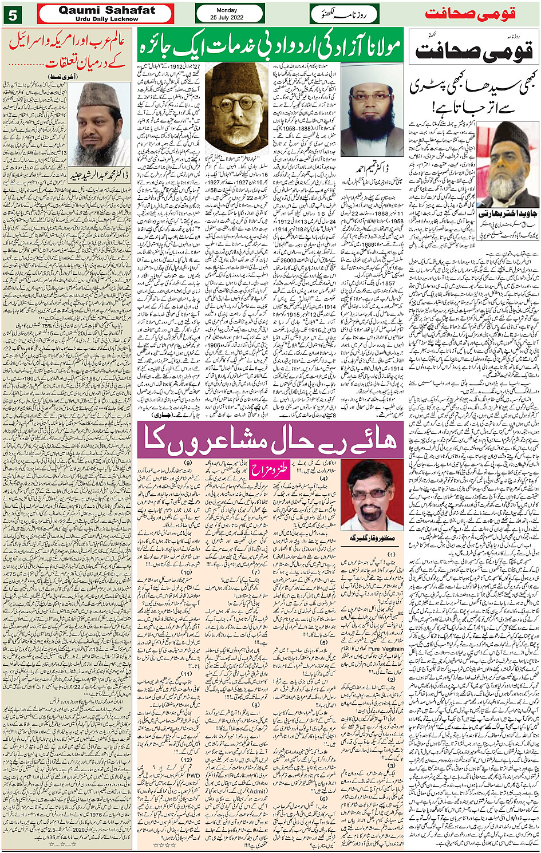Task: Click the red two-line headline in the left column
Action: pos(68,49)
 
